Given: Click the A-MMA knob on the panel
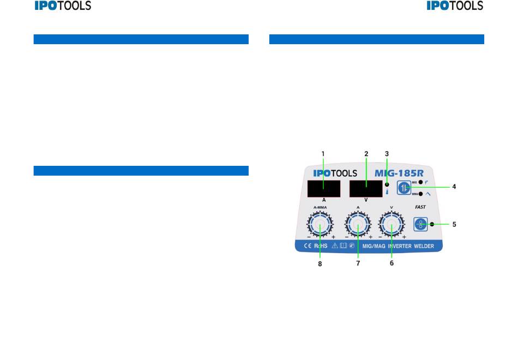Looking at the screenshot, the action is click(320, 224).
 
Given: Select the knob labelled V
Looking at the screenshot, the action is click(391, 224).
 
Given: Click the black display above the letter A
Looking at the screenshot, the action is click(323, 189).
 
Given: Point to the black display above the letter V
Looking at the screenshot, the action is click(366, 189).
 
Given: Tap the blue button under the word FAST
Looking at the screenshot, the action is click(420, 224).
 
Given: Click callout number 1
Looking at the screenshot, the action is click(323, 154).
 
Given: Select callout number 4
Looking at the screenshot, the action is click(454, 187).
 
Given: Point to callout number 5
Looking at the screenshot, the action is click(454, 224).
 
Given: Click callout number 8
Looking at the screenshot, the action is click(320, 264).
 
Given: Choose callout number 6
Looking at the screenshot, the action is click(391, 263).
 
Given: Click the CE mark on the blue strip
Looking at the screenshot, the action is click(307, 246).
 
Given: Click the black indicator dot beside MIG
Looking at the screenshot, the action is click(420, 182).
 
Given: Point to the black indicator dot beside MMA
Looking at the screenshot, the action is click(420, 194).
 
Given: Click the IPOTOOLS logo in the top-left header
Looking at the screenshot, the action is click(63, 6).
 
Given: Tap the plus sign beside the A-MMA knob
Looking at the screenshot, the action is click(333, 237).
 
